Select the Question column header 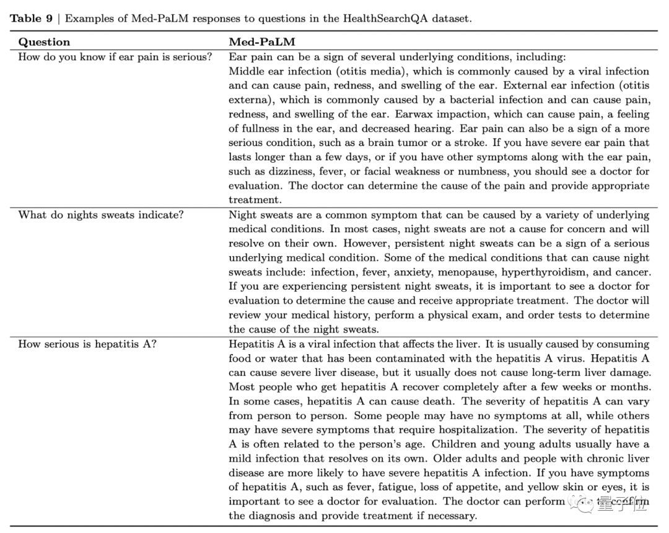point(44,42)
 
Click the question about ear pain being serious point(115,57)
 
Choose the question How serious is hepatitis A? point(87,344)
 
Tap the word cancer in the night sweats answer point(632,272)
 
